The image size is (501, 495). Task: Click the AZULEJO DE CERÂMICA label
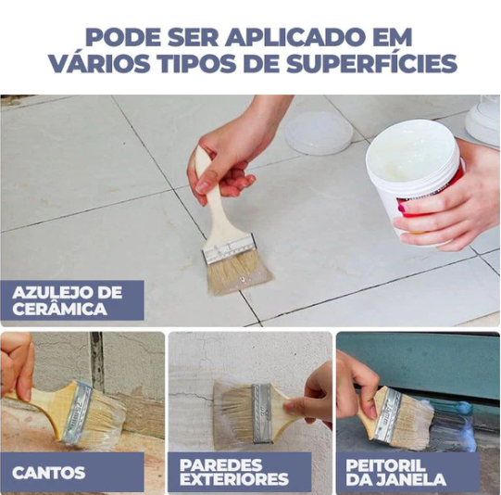click(x=68, y=300)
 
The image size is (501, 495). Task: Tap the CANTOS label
click(x=49, y=473)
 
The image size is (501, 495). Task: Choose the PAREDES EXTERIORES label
click(x=234, y=473)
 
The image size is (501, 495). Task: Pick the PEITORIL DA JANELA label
click(x=395, y=473)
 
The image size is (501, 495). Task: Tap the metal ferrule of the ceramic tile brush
click(x=230, y=247)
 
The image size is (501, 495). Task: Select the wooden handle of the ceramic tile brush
click(x=212, y=198)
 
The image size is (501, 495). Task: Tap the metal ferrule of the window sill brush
click(x=388, y=415)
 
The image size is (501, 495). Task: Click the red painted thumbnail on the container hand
click(x=402, y=209)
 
